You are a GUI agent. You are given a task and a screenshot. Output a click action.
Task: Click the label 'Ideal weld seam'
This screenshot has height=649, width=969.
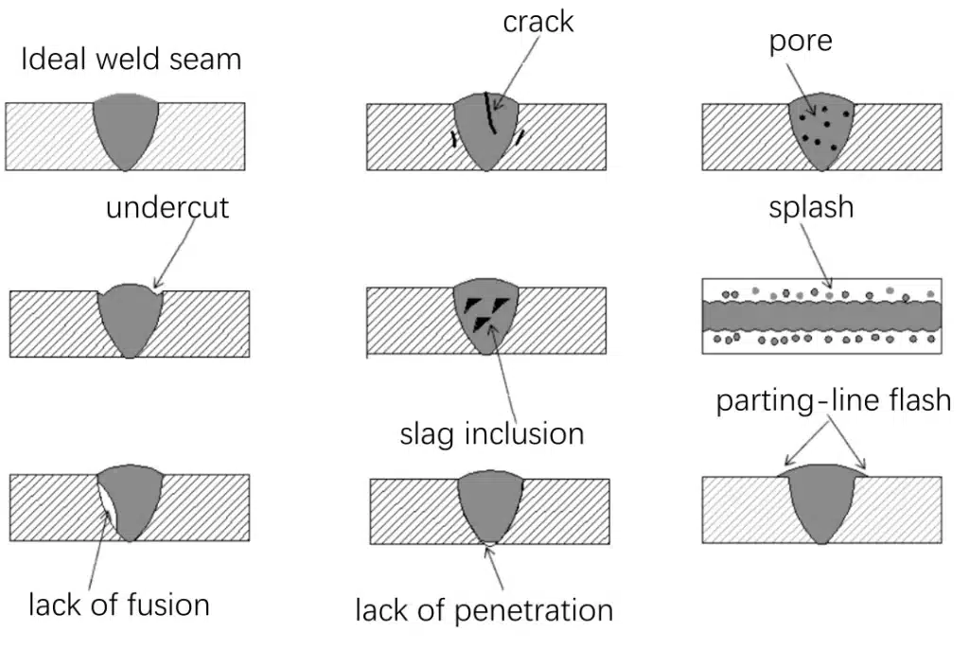(132, 60)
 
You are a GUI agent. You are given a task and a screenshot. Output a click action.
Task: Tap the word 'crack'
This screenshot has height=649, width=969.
(537, 22)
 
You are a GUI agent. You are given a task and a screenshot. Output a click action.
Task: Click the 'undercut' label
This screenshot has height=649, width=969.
(167, 207)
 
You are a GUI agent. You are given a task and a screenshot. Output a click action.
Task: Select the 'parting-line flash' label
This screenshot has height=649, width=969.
(833, 400)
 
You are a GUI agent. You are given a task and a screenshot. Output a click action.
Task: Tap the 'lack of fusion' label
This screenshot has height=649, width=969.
(118, 604)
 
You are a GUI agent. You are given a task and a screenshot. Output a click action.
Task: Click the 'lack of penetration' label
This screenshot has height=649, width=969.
(484, 610)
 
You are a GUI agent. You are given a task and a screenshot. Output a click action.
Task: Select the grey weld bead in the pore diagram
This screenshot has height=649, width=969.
(822, 132)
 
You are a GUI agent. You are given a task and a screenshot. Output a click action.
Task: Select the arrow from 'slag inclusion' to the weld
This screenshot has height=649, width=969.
(506, 369)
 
